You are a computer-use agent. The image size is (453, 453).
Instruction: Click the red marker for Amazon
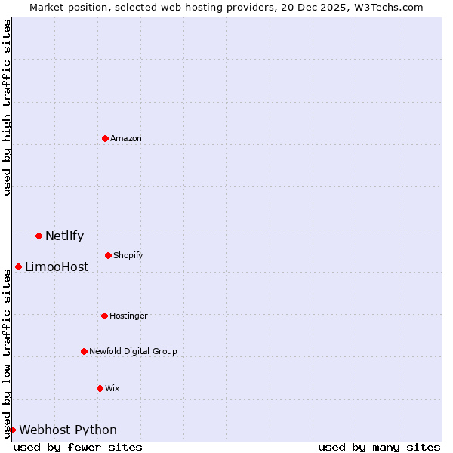(105, 138)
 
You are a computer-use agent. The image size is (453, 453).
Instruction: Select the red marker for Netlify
(39, 236)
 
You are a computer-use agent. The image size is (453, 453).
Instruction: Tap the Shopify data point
(108, 255)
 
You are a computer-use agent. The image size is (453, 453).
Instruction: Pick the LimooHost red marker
(18, 267)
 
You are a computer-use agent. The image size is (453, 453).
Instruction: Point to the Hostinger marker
(104, 316)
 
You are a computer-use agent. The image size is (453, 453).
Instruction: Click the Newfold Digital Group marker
(84, 351)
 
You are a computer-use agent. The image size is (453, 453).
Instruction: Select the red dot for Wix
(100, 388)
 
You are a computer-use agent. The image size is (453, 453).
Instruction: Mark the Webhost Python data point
(12, 430)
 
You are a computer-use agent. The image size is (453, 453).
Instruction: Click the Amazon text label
(126, 138)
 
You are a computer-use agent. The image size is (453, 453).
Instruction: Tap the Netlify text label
(64, 236)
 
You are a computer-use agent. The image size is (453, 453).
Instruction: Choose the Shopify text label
(128, 255)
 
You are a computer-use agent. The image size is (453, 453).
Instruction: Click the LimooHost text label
(57, 267)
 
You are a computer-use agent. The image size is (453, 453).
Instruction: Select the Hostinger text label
(128, 316)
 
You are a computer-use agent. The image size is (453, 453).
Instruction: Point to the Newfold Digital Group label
(133, 351)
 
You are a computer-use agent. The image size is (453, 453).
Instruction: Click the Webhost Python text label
(68, 430)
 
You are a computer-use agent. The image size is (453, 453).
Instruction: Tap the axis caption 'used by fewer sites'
(78, 447)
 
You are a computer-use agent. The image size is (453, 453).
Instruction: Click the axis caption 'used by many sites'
(379, 447)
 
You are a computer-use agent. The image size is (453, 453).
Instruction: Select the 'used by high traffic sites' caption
(7, 107)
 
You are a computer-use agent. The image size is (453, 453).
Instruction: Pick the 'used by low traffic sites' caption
(7, 353)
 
